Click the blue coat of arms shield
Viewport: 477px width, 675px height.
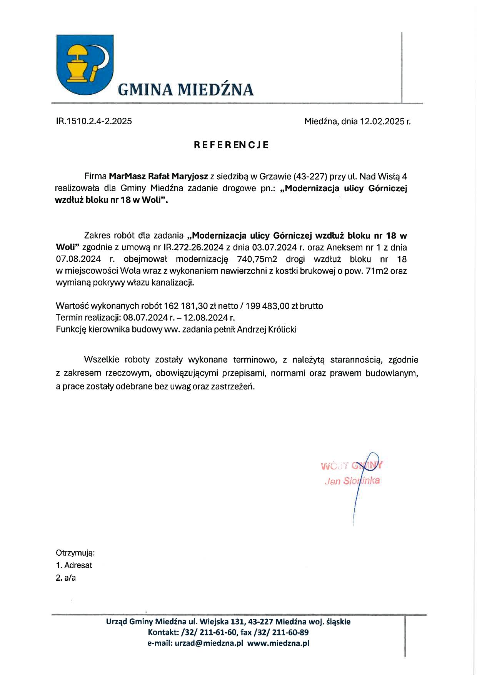click(85, 64)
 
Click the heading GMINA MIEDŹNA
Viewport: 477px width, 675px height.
click(186, 90)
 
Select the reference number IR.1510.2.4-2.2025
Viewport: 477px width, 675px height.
click(94, 121)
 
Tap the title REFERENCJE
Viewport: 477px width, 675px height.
click(231, 145)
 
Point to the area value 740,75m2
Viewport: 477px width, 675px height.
click(257, 259)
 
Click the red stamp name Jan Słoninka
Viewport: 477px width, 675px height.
click(352, 481)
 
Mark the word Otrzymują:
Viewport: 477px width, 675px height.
click(75, 553)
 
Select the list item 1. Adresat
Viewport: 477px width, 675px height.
click(74, 565)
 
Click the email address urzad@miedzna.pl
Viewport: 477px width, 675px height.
click(209, 643)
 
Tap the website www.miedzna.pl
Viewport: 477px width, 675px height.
click(278, 643)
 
